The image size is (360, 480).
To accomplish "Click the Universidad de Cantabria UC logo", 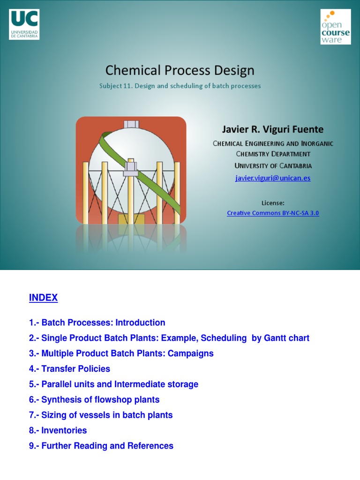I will click(x=24, y=24).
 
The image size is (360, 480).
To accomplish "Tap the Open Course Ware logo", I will click(x=335, y=27).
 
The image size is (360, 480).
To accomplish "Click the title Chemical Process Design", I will click(x=180, y=70).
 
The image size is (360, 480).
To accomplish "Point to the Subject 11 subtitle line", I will click(x=180, y=86).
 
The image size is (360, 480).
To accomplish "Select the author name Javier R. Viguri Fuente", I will click(x=272, y=129).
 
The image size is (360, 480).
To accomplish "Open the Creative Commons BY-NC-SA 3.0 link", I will click(x=273, y=213).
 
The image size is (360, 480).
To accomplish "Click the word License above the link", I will click(x=273, y=203).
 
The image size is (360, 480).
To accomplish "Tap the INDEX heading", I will click(x=43, y=298).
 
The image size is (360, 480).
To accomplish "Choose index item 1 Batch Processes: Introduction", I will click(x=97, y=322).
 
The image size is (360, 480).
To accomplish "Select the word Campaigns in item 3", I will click(x=191, y=353).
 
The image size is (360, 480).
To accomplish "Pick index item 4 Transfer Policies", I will click(x=69, y=369).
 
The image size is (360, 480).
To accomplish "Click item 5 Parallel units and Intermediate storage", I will click(x=113, y=384).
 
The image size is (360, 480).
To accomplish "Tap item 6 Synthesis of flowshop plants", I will click(x=94, y=400).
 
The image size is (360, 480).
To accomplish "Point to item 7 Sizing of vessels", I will click(x=101, y=415).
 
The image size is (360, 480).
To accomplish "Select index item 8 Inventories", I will click(x=58, y=430).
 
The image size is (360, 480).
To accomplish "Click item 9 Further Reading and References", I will click(x=101, y=446).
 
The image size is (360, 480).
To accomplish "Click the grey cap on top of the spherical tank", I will click(x=131, y=124).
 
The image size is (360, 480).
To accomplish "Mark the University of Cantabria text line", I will click(x=273, y=165).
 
